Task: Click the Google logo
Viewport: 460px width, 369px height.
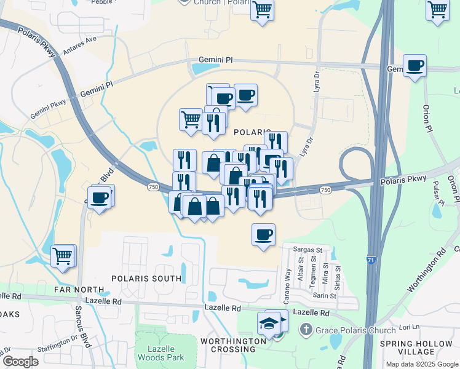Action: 20,362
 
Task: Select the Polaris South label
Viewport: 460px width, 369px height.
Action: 146,279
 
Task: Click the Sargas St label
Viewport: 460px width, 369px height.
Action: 307,250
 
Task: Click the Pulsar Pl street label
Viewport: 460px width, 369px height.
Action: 438,194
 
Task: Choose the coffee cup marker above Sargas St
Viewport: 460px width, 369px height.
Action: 263,236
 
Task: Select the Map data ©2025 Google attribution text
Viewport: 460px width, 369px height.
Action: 421,364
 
